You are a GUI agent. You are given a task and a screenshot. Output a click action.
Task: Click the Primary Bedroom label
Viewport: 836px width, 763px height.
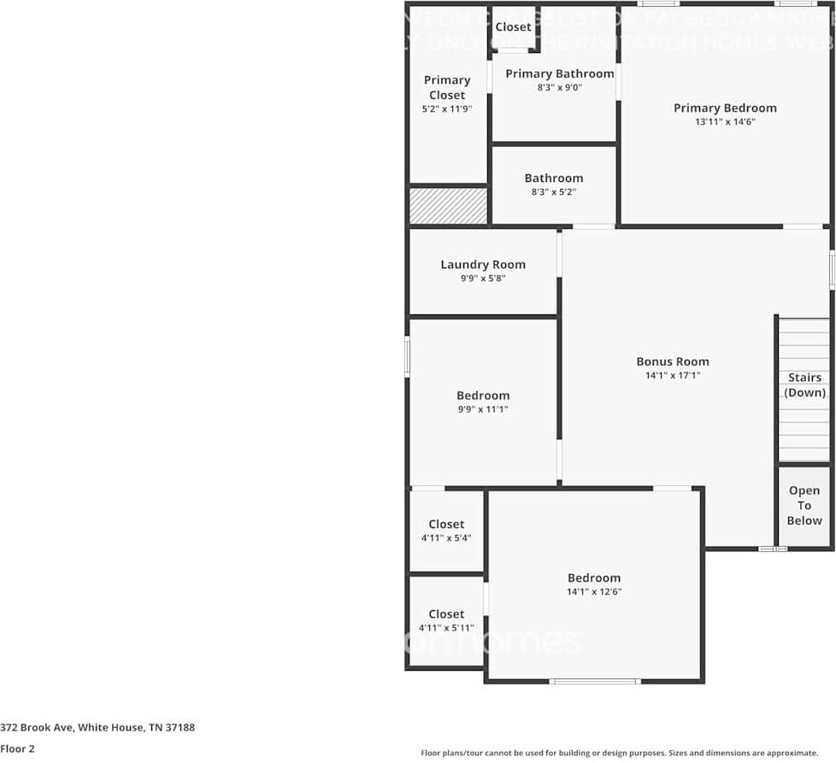[725, 108]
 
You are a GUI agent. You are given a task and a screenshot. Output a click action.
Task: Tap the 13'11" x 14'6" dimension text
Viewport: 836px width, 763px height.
[725, 122]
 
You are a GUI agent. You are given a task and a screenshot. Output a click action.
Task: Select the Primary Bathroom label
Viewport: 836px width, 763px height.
[559, 73]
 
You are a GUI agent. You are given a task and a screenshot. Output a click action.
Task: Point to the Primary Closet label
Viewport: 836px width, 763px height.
[447, 87]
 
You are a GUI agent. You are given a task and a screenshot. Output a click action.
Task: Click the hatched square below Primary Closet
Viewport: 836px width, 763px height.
[448, 206]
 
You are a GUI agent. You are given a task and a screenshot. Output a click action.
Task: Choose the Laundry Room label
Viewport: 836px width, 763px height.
[483, 264]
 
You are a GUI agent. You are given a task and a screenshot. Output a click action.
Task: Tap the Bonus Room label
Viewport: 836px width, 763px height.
[673, 361]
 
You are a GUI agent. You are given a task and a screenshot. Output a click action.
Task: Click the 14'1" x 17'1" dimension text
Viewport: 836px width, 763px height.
[673, 376]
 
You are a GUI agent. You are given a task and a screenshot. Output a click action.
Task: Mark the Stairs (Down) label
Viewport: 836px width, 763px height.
[804, 384]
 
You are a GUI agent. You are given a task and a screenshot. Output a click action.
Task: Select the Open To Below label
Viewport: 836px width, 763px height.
[804, 505]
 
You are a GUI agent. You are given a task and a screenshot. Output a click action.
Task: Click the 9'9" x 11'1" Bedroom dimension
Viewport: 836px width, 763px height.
[483, 410]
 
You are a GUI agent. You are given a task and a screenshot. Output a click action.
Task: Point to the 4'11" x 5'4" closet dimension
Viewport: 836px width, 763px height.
[446, 538]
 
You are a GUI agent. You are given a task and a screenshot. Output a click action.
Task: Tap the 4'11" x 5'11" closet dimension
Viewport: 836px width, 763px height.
[446, 628]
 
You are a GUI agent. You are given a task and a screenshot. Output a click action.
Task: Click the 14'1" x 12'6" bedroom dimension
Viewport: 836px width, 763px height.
[593, 592]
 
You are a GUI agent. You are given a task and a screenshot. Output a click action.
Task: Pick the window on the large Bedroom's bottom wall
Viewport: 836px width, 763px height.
[594, 681]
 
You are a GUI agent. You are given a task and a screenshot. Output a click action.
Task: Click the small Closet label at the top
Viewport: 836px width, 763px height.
[513, 27]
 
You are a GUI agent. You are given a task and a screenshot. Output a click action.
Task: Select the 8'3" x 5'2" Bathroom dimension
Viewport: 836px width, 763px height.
[554, 192]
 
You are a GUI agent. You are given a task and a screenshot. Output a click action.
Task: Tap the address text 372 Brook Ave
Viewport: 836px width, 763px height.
[97, 728]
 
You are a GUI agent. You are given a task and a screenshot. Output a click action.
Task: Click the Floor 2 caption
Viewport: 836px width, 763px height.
[18, 748]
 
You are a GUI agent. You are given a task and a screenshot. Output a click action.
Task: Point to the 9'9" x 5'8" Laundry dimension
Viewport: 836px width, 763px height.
[483, 279]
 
